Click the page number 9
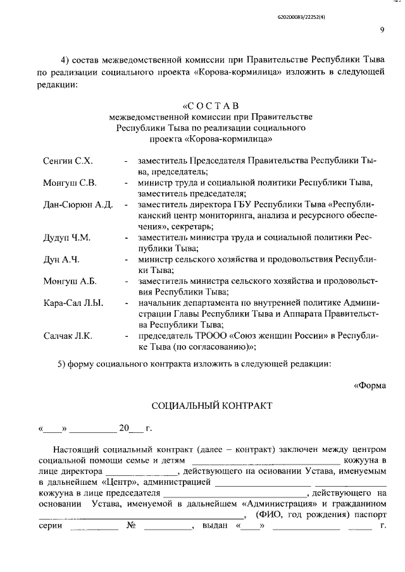click(x=382, y=28)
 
